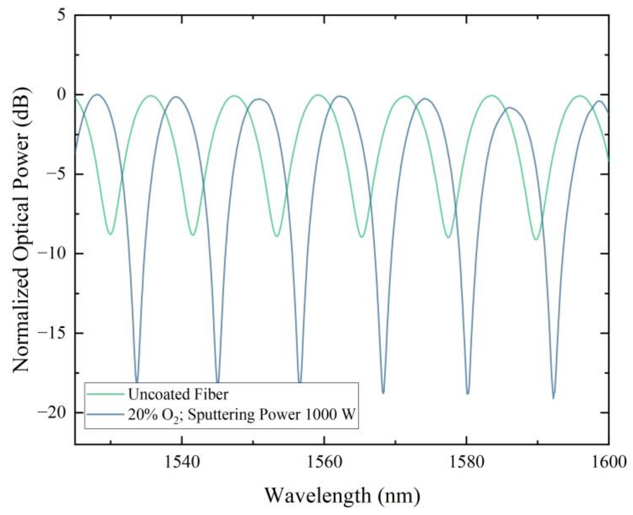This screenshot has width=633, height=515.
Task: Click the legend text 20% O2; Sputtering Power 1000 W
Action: (x=241, y=415)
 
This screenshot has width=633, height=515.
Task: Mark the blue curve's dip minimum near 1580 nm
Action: (x=468, y=394)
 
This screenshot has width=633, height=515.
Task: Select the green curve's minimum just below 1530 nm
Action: (x=111, y=234)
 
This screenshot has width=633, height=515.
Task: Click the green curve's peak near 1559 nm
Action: (x=318, y=95)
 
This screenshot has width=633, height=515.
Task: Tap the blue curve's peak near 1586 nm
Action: (x=510, y=108)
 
